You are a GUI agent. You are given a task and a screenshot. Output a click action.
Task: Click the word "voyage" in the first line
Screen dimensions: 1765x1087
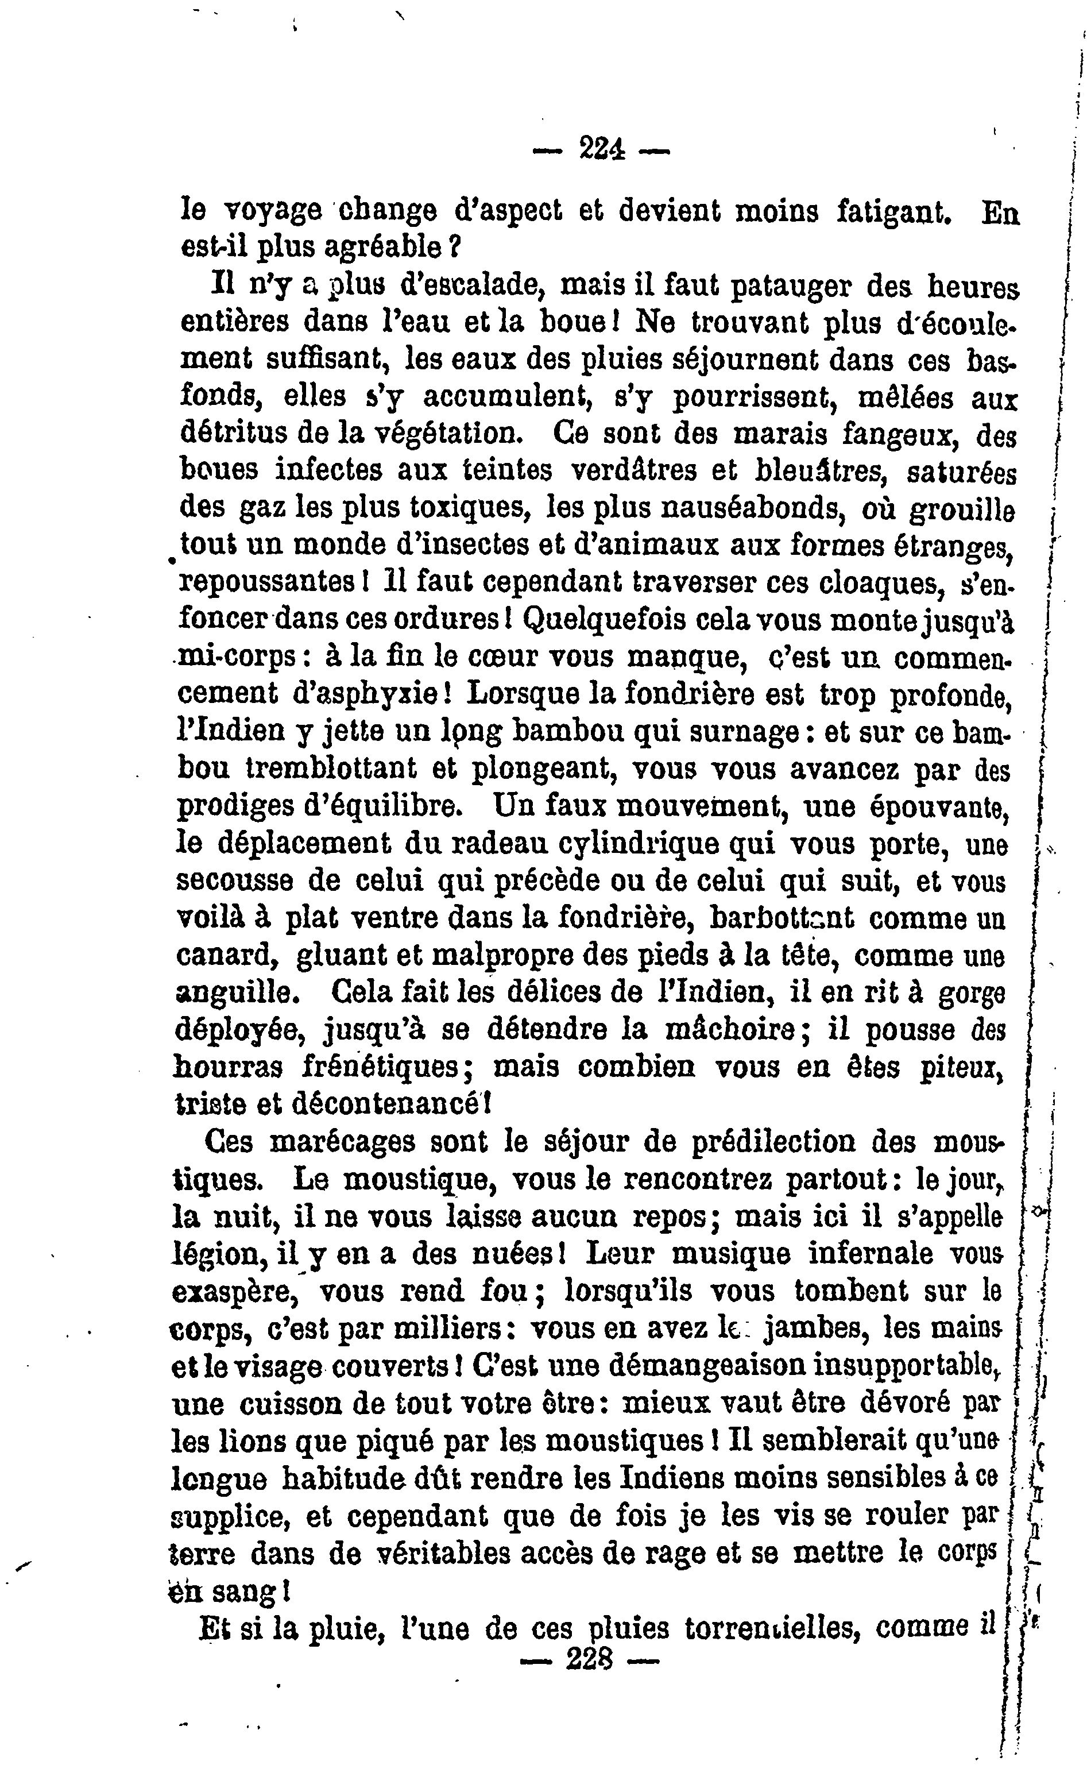[x=273, y=211]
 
